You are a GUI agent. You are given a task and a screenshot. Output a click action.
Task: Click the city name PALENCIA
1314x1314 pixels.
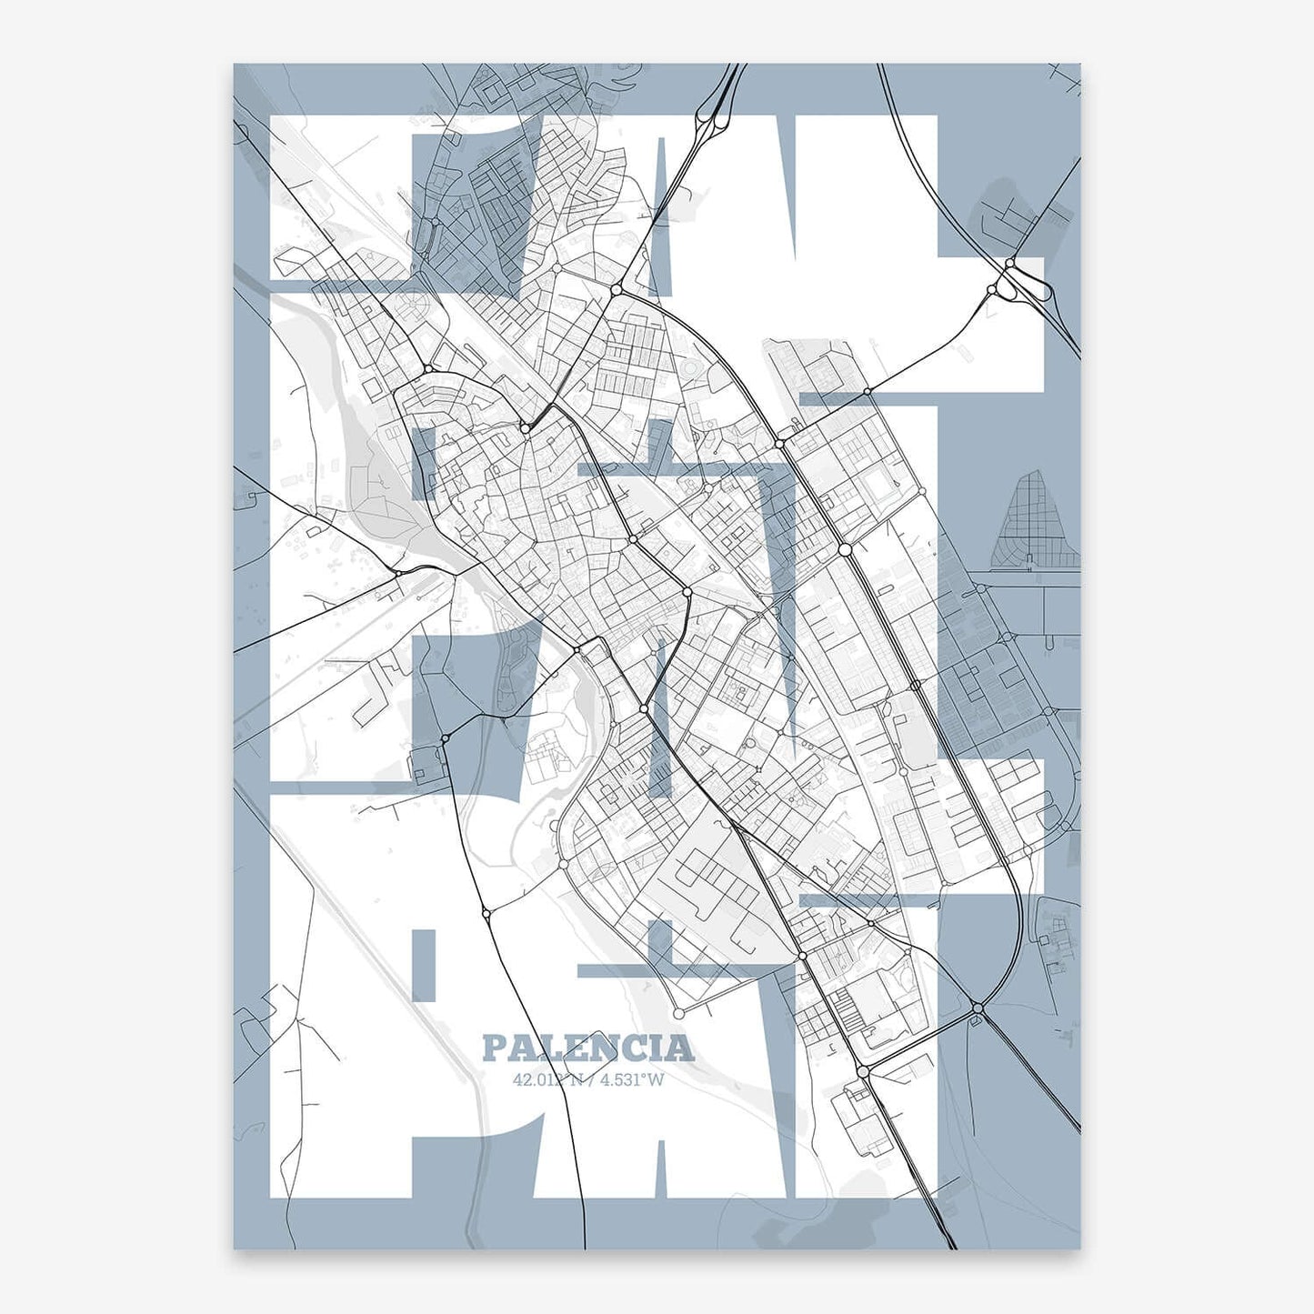click(587, 1048)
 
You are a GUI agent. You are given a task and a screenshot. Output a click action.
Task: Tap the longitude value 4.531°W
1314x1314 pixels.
click(633, 1080)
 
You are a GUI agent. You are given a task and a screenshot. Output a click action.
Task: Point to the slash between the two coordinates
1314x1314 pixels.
click(589, 1080)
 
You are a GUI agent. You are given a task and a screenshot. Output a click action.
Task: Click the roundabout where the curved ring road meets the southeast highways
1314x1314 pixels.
click(978, 1008)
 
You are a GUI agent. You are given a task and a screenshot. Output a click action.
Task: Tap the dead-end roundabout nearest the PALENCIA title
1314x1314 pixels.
click(678, 1012)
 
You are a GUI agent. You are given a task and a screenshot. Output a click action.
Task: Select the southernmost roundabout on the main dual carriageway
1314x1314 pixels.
click(862, 1073)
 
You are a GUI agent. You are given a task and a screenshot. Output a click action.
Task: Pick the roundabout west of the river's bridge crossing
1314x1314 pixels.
click(398, 573)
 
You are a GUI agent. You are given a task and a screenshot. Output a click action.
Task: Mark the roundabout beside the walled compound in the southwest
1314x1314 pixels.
click(445, 738)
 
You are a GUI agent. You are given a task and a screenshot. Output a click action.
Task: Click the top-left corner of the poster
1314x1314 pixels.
click(235, 65)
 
